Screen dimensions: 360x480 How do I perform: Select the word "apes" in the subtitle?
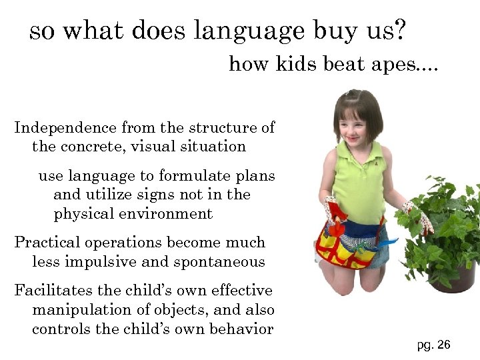click(405, 65)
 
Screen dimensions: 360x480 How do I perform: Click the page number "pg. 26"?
click(433, 345)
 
